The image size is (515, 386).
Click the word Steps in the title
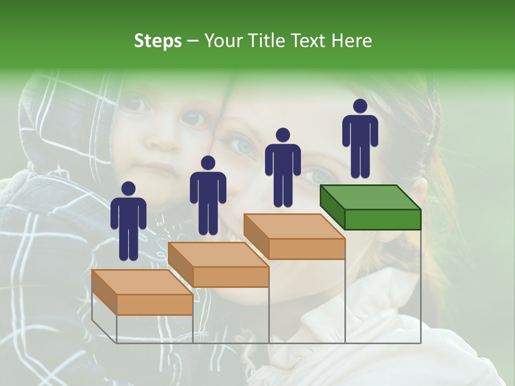tap(158, 41)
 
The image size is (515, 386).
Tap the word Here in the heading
tap(351, 41)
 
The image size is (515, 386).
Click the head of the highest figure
tap(360, 106)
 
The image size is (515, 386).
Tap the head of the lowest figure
tap(128, 189)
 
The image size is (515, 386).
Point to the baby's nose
tap(162, 139)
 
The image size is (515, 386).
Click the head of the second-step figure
tap(208, 163)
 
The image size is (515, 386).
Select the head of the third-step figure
tap(283, 135)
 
